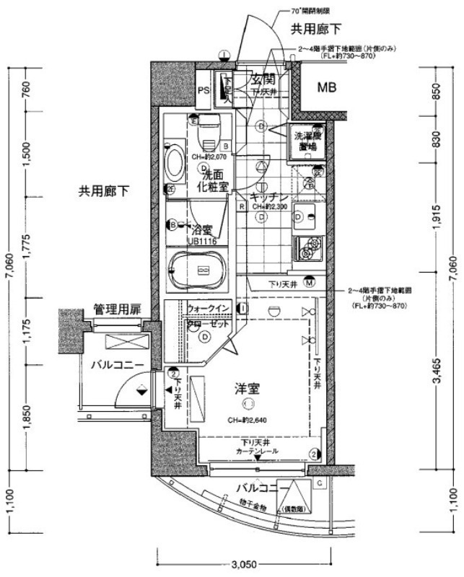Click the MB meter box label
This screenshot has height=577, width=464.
328,88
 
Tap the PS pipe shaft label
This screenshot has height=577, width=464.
203,90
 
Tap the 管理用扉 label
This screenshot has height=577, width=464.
117,309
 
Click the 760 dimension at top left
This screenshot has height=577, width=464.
27,92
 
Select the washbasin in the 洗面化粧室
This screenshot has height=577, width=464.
175,165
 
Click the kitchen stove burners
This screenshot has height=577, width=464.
307,250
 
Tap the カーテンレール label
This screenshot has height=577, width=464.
257,450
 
